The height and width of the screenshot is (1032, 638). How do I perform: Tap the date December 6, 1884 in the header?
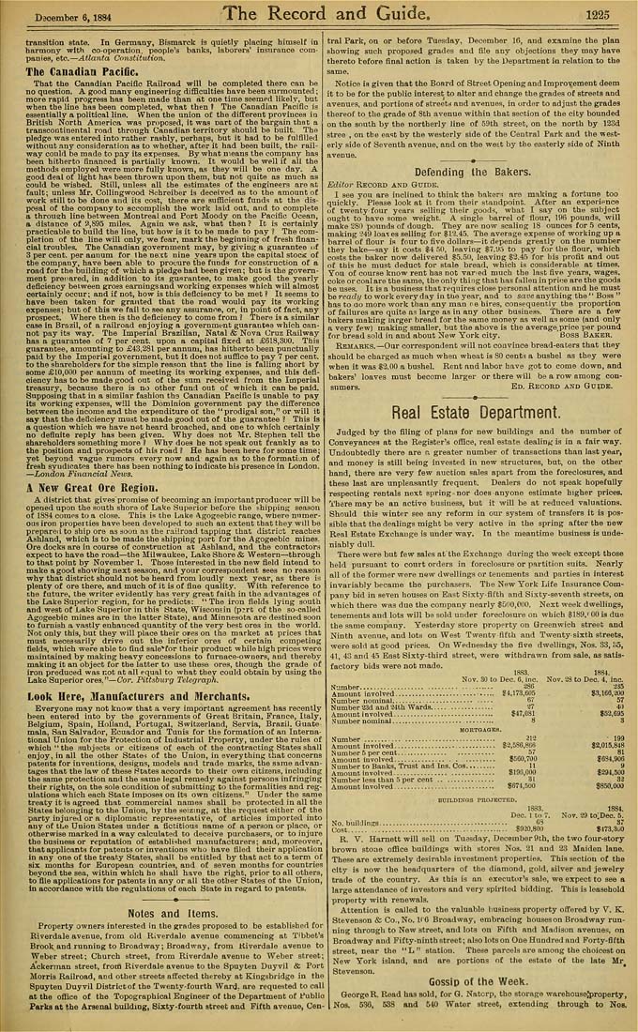pyautogui.click(x=66, y=14)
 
